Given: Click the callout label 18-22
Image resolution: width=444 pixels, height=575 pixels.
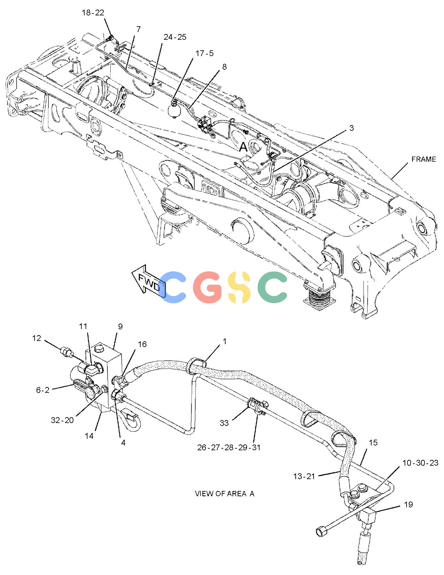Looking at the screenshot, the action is tap(93, 13).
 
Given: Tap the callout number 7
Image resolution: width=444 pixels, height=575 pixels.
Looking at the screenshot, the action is tap(138, 29).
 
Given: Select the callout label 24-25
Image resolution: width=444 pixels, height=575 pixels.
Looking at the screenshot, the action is tap(175, 37).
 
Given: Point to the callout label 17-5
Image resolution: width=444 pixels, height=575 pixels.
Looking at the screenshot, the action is tap(204, 53).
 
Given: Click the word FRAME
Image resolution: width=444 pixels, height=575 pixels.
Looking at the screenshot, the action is tap(424, 159).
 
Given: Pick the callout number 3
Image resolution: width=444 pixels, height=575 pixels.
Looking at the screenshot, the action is tap(351, 128).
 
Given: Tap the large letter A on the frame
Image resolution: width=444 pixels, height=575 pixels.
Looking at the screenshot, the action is tap(243, 147).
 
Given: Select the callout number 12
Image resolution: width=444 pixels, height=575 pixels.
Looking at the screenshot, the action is tap(37, 338).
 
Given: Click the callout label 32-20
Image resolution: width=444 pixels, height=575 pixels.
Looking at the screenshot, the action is tap(62, 420).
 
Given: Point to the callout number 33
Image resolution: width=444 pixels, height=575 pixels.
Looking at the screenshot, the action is tap(224, 423).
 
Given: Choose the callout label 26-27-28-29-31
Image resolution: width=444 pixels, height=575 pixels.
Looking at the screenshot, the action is tap(229, 447).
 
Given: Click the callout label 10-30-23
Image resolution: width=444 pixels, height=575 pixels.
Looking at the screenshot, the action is tap(420, 463).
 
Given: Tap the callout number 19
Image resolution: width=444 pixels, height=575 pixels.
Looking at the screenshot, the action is tap(408, 504).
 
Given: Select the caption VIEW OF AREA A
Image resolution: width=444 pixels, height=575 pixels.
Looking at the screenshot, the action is tap(224, 494).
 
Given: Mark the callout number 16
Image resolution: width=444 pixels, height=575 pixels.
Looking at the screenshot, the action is tap(142, 344).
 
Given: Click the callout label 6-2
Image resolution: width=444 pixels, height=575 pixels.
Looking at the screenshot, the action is tap(43, 390).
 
